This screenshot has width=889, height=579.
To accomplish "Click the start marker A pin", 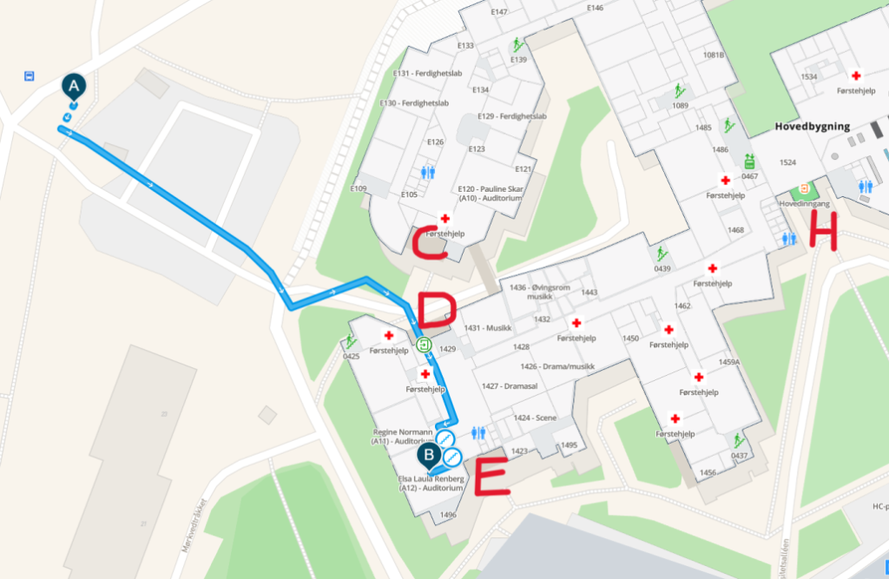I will pos(74,86).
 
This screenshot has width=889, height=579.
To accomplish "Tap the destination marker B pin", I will pos(427,454).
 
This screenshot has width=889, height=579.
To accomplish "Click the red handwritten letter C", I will pos(430,242).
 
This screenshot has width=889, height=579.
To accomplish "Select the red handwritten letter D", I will pos(437,311).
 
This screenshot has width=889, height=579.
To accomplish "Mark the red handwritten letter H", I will pos(822,231).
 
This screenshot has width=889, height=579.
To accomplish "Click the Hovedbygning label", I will pos(812,127).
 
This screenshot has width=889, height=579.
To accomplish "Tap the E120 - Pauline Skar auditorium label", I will pos(491,193).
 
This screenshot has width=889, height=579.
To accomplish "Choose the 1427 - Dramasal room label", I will pos(503,386).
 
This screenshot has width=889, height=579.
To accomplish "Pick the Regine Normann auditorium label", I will pos(403,436).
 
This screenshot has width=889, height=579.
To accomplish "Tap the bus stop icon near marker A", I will pos(30,76).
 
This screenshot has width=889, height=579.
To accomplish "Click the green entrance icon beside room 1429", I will pos(424,345).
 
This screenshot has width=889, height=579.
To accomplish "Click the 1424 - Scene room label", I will pos(534,418).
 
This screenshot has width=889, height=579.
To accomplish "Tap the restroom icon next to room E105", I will pos(427,172).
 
